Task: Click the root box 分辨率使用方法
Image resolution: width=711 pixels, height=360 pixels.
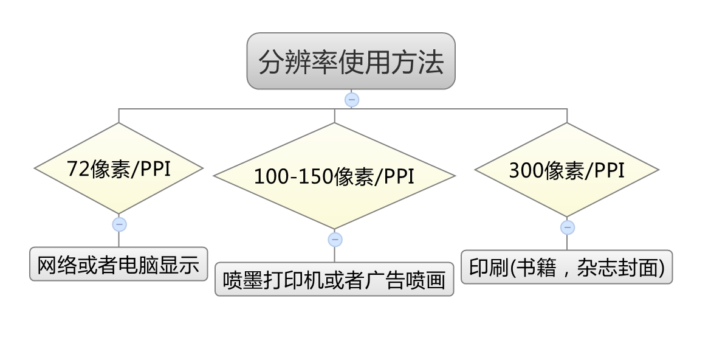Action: [x=351, y=61]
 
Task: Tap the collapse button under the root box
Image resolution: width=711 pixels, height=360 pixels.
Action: [x=351, y=100]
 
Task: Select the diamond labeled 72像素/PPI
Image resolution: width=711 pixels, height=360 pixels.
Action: [x=118, y=168]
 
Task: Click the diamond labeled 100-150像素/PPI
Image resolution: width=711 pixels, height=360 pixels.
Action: [x=334, y=176]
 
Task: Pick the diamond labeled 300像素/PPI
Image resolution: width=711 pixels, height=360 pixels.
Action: [x=566, y=170]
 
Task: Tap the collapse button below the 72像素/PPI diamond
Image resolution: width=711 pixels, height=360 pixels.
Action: [x=119, y=224]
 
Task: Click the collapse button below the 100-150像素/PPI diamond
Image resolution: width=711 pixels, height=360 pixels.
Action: [x=335, y=240]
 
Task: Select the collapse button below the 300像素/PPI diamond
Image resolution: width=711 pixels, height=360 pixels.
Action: [x=567, y=227]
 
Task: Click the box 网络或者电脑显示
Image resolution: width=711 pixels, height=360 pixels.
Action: [x=118, y=265]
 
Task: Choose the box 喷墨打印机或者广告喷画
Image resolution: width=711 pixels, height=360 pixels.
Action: [x=334, y=280]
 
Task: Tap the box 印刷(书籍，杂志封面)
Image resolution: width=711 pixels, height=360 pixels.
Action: [x=566, y=267]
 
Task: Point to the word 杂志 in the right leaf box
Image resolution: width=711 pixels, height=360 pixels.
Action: [x=586, y=268]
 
